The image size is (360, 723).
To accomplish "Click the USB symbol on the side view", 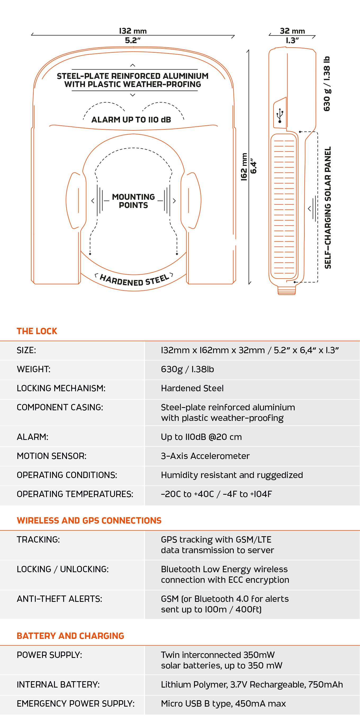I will (280, 115).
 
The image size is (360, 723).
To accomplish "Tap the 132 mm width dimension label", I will (133, 31).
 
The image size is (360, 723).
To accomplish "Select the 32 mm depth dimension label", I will (292, 31).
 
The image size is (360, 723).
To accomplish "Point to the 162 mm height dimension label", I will (244, 167).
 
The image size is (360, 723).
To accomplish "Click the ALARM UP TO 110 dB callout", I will (131, 120).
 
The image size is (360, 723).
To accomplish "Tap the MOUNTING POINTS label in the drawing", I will (133, 201).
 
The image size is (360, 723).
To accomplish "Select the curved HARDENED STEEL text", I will (134, 280).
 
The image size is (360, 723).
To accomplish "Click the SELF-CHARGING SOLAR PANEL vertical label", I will (328, 208).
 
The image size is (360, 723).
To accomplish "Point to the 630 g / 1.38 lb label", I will (327, 84).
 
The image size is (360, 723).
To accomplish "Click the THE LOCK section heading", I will (37, 331).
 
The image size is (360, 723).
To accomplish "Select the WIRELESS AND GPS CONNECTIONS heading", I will (89, 521).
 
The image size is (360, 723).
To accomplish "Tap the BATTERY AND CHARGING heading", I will (70, 636).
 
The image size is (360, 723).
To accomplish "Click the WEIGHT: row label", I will (34, 369).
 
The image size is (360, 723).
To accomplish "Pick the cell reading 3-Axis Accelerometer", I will (205, 456).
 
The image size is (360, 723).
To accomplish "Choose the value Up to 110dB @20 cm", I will (201, 437).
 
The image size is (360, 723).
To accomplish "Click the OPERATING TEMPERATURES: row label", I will (75, 494).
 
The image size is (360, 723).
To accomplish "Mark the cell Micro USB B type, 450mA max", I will (223, 704).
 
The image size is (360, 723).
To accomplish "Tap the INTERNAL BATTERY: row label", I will (58, 685).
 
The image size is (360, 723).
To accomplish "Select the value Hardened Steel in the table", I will (192, 388).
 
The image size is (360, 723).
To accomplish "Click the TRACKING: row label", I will (38, 540).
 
